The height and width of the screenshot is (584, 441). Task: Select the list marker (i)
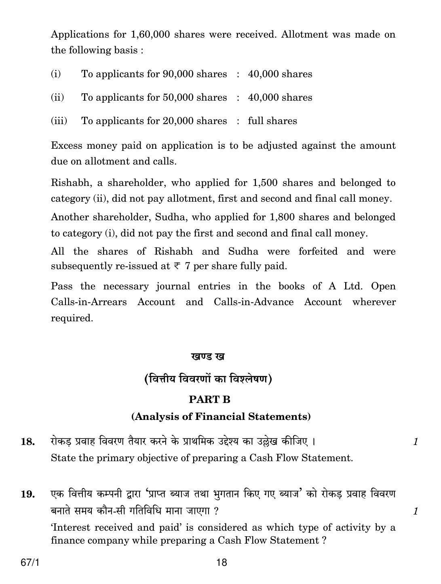point(56,74)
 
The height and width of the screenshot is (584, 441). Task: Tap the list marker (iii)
point(59,121)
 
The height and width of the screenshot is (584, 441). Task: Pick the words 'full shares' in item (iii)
point(272,121)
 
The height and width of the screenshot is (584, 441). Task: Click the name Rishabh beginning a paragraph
point(70,183)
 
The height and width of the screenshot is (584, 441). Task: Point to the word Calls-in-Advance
point(253,302)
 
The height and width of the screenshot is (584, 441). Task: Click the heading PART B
point(209,399)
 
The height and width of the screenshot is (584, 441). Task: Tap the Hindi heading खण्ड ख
point(207,356)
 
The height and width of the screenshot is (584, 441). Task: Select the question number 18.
point(27,442)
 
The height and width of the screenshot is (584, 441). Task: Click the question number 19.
point(27,494)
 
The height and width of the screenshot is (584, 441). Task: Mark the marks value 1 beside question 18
point(415,442)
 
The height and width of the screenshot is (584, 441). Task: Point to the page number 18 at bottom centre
point(222,563)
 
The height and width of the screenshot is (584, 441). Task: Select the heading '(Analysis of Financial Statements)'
point(221,417)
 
